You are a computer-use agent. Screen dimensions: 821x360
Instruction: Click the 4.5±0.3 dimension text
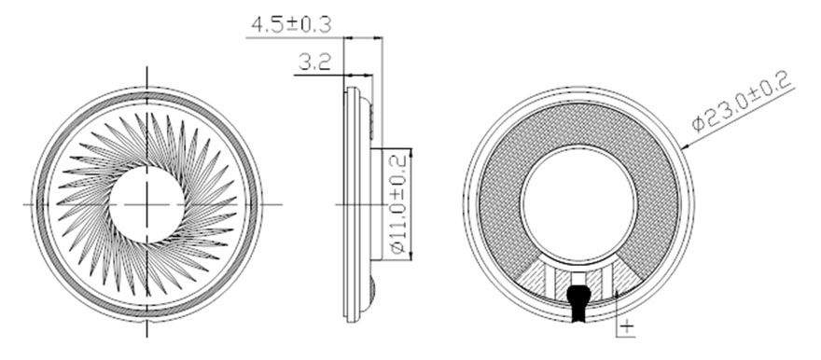pos(291,25)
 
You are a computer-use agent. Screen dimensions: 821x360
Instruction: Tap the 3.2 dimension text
pos(314,63)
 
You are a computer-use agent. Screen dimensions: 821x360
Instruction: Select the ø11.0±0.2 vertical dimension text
pos(398,204)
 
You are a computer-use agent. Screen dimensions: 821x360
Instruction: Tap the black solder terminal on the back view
pos(578,301)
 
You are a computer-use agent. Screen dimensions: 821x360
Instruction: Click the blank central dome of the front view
pos(146,204)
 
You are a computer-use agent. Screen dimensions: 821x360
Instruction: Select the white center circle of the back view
pos(578,205)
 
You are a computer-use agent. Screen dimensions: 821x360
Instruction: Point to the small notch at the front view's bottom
pos(146,318)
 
